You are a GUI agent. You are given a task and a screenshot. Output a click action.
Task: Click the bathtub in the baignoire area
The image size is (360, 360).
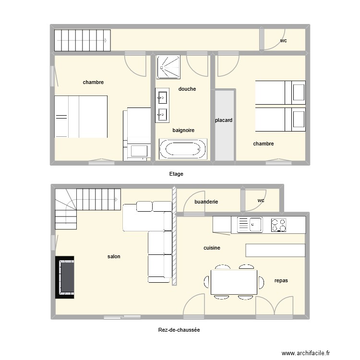pyautogui.click(x=183, y=149)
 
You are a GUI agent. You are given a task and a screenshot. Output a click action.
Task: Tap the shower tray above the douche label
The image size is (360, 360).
pyautogui.click(x=168, y=66)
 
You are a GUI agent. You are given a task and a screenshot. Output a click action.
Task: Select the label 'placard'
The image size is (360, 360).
pyautogui.click(x=224, y=120)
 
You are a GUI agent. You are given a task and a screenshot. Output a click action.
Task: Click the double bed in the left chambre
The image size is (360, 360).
pyautogui.click(x=80, y=117)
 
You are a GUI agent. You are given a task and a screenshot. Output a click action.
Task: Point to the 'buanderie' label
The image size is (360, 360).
pyautogui.click(x=206, y=202)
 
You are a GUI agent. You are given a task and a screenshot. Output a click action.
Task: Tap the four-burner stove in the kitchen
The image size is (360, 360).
pyautogui.click(x=278, y=225)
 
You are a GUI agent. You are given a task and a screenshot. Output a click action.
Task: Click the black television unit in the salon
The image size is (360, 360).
pyautogui.click(x=66, y=277)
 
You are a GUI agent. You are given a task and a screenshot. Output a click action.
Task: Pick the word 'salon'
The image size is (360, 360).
pyautogui.click(x=114, y=257)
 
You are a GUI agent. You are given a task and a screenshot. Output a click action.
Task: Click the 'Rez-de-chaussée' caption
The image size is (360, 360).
pyautogui.click(x=179, y=330)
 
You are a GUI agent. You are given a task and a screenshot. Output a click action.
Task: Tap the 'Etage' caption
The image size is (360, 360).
pyautogui.click(x=176, y=174)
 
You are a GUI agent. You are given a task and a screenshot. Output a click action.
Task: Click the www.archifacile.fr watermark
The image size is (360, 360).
pyautogui.click(x=306, y=353)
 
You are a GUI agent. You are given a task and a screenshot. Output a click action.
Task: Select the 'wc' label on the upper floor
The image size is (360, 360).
pyautogui.click(x=284, y=41)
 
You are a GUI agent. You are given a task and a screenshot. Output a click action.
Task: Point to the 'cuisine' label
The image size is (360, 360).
pyautogui.click(x=212, y=248)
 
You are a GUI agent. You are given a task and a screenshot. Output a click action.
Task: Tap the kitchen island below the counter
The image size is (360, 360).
pyautogui.click(x=275, y=250)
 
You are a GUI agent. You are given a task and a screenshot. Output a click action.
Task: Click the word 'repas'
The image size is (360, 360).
pyautogui.click(x=281, y=280)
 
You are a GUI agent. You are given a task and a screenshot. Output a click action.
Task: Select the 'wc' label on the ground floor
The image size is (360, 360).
pyautogui.click(x=261, y=201)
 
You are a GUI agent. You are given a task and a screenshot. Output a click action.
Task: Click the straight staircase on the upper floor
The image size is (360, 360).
pyautogui.click(x=82, y=40)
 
